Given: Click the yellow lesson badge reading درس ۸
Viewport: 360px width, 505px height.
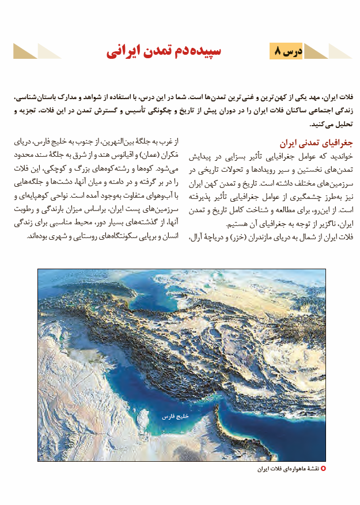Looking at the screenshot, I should (286, 51).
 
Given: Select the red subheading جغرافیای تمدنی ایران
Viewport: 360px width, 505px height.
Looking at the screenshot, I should (320, 143).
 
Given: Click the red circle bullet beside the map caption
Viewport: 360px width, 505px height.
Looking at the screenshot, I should (323, 469).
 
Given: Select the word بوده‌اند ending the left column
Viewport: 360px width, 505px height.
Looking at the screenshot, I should (39, 236).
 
